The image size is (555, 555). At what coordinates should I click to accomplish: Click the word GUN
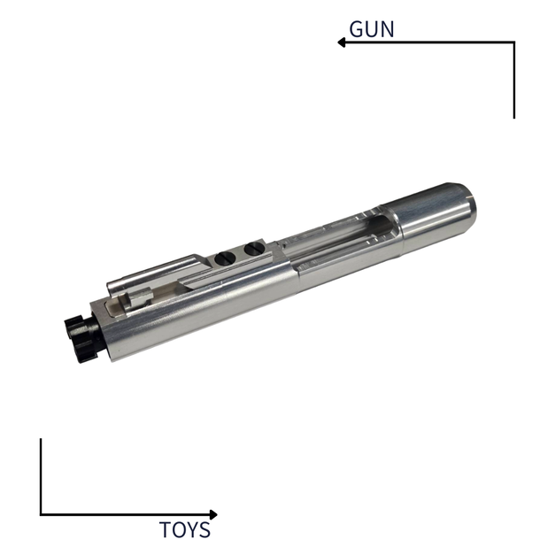[372, 27]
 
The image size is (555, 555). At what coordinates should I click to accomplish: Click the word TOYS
[185, 530]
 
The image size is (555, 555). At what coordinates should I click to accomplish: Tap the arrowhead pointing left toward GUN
[341, 42]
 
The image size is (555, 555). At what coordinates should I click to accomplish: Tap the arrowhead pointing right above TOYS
[212, 514]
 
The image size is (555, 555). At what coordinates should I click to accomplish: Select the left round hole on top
[225, 258]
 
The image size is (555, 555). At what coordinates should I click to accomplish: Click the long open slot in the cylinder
[345, 235]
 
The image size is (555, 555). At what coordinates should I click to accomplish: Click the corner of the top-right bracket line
[513, 42]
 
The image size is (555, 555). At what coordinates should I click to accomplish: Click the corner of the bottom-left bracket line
[41, 514]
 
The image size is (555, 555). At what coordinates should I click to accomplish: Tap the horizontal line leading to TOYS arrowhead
[124, 514]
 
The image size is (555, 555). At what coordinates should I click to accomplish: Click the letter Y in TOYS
[193, 530]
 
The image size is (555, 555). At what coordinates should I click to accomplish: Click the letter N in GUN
[387, 27]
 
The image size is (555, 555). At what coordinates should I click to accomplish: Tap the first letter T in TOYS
[166, 530]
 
